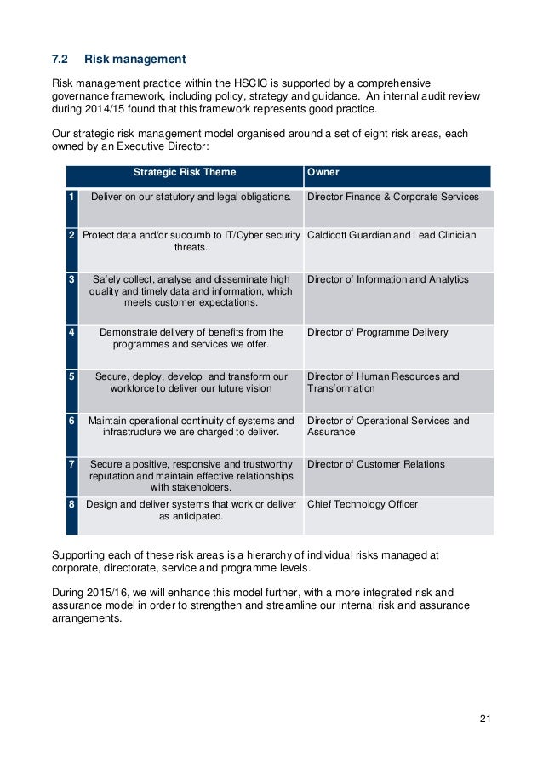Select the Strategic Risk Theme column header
tap(185, 173)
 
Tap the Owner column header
tap(323, 173)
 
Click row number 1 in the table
tap(72, 197)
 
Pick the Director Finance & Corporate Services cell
tap(392, 197)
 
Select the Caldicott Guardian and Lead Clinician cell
tap(391, 235)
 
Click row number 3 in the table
tap(72, 279)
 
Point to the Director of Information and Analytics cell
tap(387, 279)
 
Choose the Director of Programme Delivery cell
tap(377, 332)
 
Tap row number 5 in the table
tap(72, 376)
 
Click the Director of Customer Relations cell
tap(375, 464)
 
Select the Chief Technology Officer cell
tap(362, 504)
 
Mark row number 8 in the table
tap(72, 504)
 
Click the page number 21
tap(485, 720)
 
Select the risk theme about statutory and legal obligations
tap(191, 197)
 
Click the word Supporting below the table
tap(82, 555)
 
